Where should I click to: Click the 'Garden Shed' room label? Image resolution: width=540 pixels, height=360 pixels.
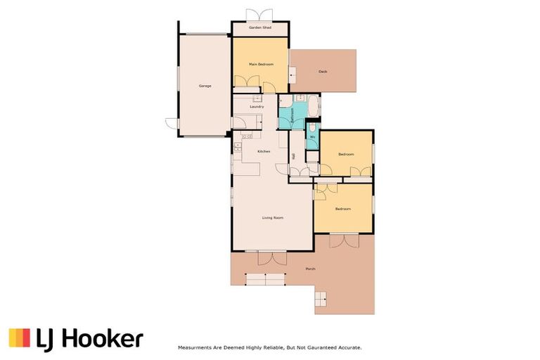click(260, 28)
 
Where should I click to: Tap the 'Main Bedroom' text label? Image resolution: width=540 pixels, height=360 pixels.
click(260, 64)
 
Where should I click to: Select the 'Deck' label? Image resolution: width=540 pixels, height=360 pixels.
click(323, 71)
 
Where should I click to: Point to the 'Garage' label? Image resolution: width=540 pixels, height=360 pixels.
click(205, 86)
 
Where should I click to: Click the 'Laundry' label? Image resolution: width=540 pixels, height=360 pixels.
click(257, 106)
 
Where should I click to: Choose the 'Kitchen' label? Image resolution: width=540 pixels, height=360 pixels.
click(264, 152)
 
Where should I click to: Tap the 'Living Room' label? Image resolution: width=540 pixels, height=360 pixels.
click(273, 218)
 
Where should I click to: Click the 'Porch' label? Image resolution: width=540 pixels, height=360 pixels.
click(310, 269)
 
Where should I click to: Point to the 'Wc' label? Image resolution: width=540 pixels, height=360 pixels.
click(312, 137)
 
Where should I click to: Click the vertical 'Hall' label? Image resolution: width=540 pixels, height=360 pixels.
click(293, 156)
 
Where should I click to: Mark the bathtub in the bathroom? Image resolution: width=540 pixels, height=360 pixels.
click(314, 107)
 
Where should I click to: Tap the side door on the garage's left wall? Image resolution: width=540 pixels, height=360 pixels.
click(172, 124)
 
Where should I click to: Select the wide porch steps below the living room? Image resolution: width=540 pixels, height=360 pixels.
click(265, 280)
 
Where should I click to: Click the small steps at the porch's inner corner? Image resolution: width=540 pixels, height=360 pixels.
click(321, 299)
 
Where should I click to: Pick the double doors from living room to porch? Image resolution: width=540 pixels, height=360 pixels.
click(271, 257)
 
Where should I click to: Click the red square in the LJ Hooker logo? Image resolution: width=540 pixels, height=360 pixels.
click(14, 338)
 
